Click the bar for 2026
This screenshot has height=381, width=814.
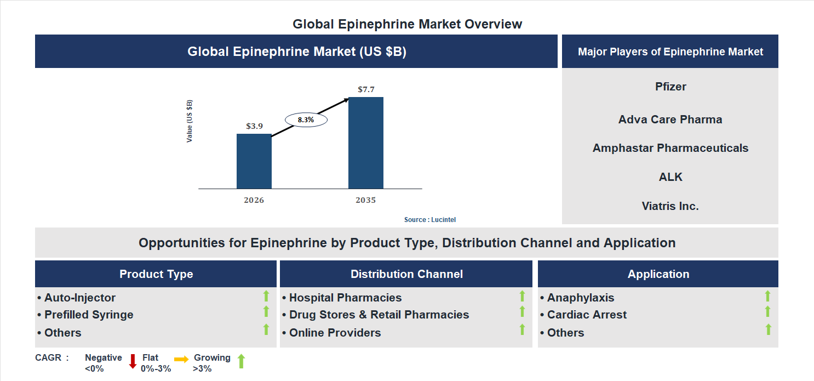tap(254, 161)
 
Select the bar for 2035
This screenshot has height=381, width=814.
tap(365, 143)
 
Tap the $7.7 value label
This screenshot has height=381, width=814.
tap(365, 89)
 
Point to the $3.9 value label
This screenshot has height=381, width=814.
tap(254, 126)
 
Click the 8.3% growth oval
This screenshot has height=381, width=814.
tap(306, 120)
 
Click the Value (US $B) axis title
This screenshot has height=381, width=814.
tap(190, 121)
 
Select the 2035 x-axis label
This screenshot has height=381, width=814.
tap(365, 200)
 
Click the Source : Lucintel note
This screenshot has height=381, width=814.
tap(429, 220)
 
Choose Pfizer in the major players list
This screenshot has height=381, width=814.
tap(670, 87)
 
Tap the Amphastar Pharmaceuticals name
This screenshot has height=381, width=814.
tap(670, 148)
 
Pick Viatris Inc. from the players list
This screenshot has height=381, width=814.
tap(670, 206)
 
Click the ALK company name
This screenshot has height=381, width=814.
tap(670, 177)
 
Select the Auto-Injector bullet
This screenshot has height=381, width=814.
tap(77, 298)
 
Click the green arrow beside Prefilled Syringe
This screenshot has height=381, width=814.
tap(266, 312)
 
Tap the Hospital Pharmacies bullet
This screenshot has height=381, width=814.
tap(342, 298)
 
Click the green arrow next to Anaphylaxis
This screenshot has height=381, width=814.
tap(767, 296)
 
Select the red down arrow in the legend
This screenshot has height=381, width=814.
tap(133, 361)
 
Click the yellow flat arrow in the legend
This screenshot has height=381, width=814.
tap(181, 359)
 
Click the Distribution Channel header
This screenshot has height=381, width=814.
tap(406, 274)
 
